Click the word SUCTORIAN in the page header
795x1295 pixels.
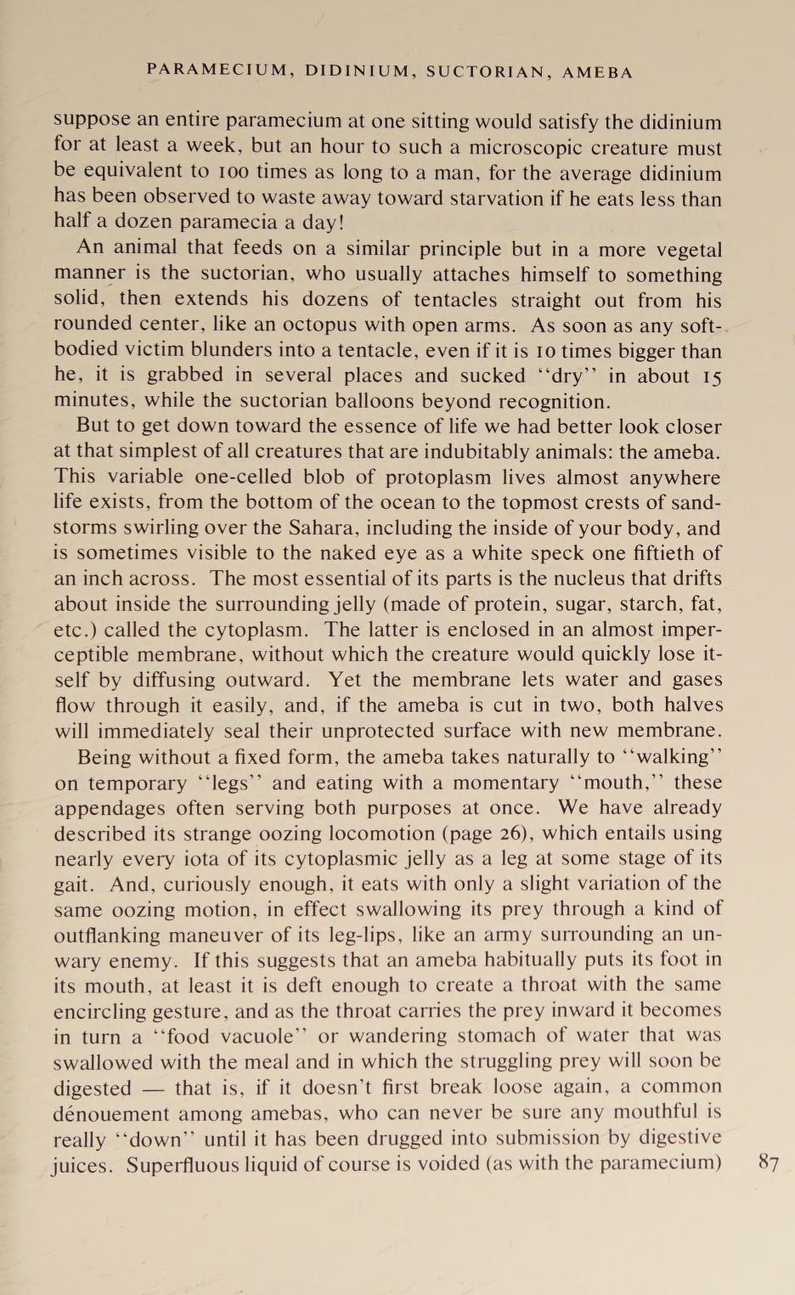tap(488, 72)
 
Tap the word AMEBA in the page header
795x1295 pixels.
tap(598, 72)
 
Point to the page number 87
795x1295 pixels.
tap(770, 1163)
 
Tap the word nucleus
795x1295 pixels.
tap(533, 579)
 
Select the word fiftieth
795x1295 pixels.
tap(659, 553)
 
